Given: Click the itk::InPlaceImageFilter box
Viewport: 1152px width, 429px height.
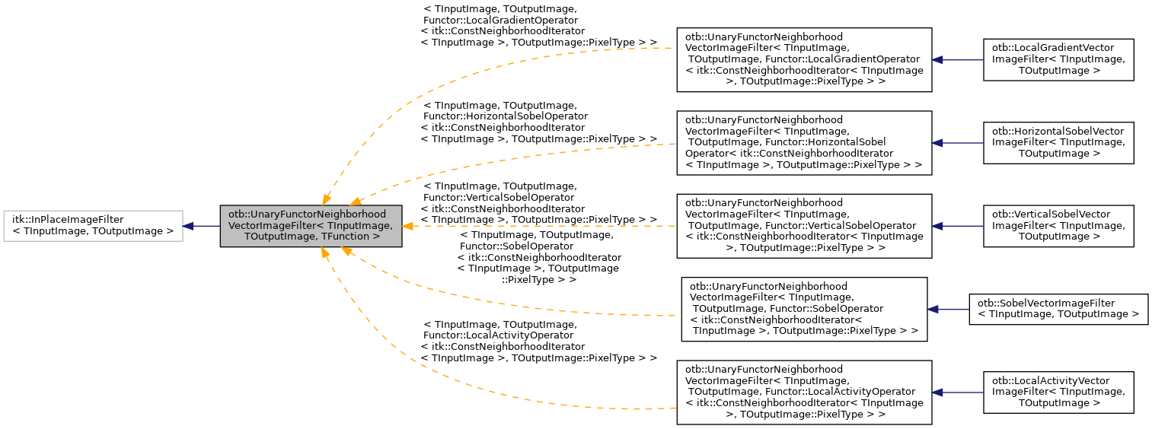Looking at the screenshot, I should tap(93, 226).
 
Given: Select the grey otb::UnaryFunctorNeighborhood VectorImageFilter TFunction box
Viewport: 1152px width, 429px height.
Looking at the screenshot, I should tap(311, 226).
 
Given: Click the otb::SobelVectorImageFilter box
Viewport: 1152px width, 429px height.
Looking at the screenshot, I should tap(1058, 309).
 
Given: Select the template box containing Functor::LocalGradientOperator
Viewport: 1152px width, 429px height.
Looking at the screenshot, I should tap(804, 59).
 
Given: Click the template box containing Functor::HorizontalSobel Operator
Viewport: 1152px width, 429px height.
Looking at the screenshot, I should tap(804, 142).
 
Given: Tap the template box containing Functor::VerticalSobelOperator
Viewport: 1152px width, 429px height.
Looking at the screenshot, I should tap(804, 226).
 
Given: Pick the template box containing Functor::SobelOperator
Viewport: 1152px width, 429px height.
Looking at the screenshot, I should tap(804, 309).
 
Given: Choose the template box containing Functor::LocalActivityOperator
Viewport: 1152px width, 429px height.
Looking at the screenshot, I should tap(804, 392).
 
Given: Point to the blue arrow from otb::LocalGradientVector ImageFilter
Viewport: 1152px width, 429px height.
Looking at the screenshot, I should tap(958, 59).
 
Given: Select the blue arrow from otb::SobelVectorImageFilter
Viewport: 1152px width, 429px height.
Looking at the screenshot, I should tap(948, 309).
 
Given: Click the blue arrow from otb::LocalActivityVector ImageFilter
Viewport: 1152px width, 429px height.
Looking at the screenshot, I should tap(958, 392).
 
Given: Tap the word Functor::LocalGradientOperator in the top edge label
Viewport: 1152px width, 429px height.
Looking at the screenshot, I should tap(499, 21).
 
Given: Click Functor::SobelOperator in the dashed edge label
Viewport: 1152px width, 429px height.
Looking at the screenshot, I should tap(504, 246).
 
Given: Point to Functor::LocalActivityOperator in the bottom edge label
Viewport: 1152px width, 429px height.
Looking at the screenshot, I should tap(499, 335).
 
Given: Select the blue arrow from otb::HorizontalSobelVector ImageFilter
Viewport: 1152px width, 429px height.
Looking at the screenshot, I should tap(958, 142).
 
